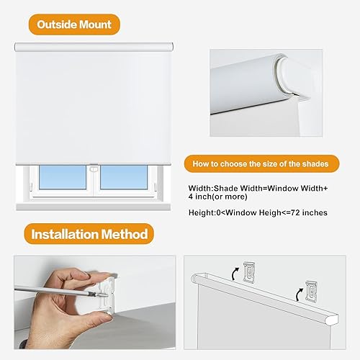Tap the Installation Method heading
click(89, 233)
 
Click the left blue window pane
click(60, 176)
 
